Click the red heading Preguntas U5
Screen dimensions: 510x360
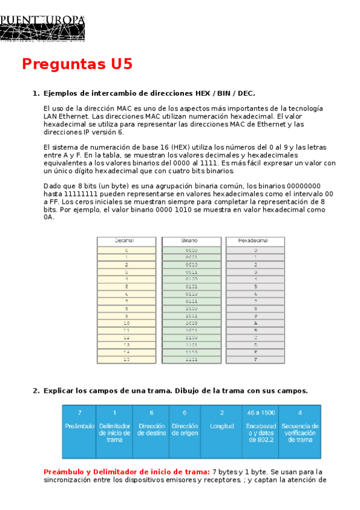pos(77,64)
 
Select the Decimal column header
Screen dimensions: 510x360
pos(126,241)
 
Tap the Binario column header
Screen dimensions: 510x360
pos(191,241)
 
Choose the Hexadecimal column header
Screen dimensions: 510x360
pos(255,241)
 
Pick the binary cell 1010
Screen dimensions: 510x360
pos(191,322)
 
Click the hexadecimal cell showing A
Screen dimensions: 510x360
pos(255,322)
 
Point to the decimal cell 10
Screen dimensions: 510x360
pos(126,322)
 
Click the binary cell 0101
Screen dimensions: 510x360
pos(191,286)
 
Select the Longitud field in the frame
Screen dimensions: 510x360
pos(221,426)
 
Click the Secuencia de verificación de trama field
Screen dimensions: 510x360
pos(300,432)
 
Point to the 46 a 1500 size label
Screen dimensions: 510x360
pos(260,413)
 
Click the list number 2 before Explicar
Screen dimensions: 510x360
pos(35,391)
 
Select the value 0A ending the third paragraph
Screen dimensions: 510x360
pos(49,217)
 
